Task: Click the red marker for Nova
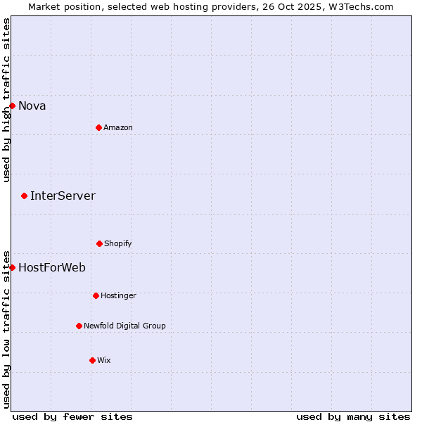pyautogui.click(x=12, y=105)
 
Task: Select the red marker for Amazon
pyautogui.click(x=98, y=127)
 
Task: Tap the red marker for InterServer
pyautogui.click(x=24, y=196)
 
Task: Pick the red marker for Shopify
pyautogui.click(x=99, y=243)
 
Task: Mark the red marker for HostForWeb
pyautogui.click(x=12, y=267)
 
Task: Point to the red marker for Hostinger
pyautogui.click(x=96, y=295)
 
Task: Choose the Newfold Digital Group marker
pyautogui.click(x=79, y=326)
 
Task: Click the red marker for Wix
pyautogui.click(x=92, y=360)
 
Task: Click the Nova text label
pyautogui.click(x=32, y=106)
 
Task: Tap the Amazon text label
pyautogui.click(x=118, y=128)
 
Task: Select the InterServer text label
pyautogui.click(x=63, y=196)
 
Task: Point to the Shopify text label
pyautogui.click(x=118, y=244)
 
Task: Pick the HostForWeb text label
pyautogui.click(x=52, y=268)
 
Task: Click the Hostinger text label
pyautogui.click(x=118, y=296)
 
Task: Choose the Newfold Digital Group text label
pyautogui.click(x=124, y=326)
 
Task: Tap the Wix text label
pyautogui.click(x=104, y=361)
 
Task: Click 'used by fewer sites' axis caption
pyautogui.click(x=72, y=416)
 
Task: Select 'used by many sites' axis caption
pyautogui.click(x=353, y=416)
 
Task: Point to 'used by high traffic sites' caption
pyautogui.click(x=6, y=100)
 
